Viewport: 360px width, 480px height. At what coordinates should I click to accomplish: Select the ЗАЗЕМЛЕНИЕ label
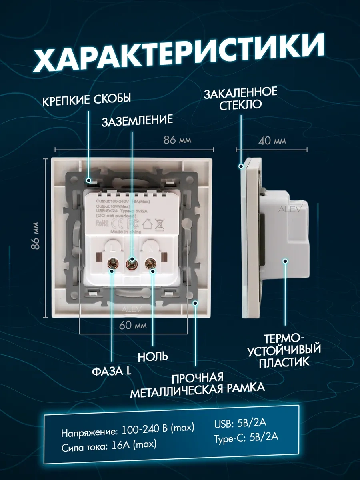tap(137, 120)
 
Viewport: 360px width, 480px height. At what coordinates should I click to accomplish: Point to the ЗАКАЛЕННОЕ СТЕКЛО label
tap(240, 98)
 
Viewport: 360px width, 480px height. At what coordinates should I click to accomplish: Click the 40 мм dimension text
tap(272, 141)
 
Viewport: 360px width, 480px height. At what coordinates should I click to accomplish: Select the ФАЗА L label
tap(112, 371)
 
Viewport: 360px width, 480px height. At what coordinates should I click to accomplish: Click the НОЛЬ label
tap(152, 356)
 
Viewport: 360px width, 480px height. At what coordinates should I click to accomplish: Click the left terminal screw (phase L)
tap(112, 263)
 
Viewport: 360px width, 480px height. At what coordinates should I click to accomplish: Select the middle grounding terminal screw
tap(131, 263)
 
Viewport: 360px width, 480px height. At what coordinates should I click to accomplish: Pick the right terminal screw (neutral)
tap(151, 263)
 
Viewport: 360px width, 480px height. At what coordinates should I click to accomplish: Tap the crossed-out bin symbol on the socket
tap(160, 222)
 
